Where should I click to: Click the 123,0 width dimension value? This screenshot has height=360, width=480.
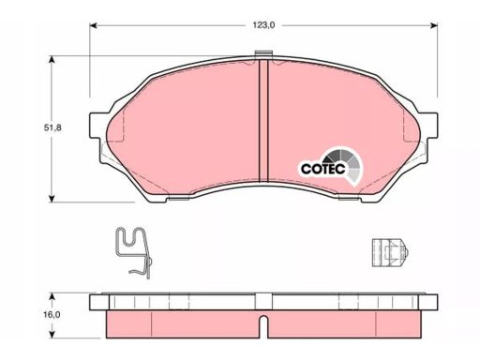pyautogui.click(x=263, y=25)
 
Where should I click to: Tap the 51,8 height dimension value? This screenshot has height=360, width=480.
pyautogui.click(x=52, y=127)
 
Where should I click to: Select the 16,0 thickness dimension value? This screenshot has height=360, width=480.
pyautogui.click(x=52, y=315)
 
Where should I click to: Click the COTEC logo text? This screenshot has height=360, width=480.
pyautogui.click(x=323, y=169)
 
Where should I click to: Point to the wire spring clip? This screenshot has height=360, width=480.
pyautogui.click(x=134, y=252)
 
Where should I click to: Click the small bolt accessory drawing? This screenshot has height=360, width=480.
pyautogui.click(x=390, y=253)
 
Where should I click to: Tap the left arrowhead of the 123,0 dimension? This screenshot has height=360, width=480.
pyautogui.click(x=94, y=25)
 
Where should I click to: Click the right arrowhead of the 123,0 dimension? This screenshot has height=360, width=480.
pyautogui.click(x=434, y=25)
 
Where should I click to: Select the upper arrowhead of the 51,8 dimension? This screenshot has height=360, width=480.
pyautogui.click(x=52, y=60)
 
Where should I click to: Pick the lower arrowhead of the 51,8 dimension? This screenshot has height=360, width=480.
pyautogui.click(x=52, y=198)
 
